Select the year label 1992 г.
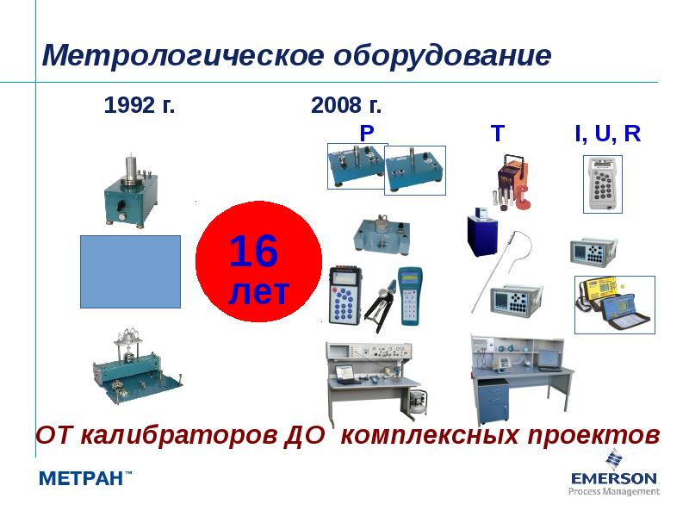tap(140, 107)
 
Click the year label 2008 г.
tap(346, 107)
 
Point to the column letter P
tap(367, 133)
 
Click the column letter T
tap(498, 133)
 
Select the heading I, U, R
tap(608, 133)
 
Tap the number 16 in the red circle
tap(253, 252)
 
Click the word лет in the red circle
tap(258, 290)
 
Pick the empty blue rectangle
tap(130, 271)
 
